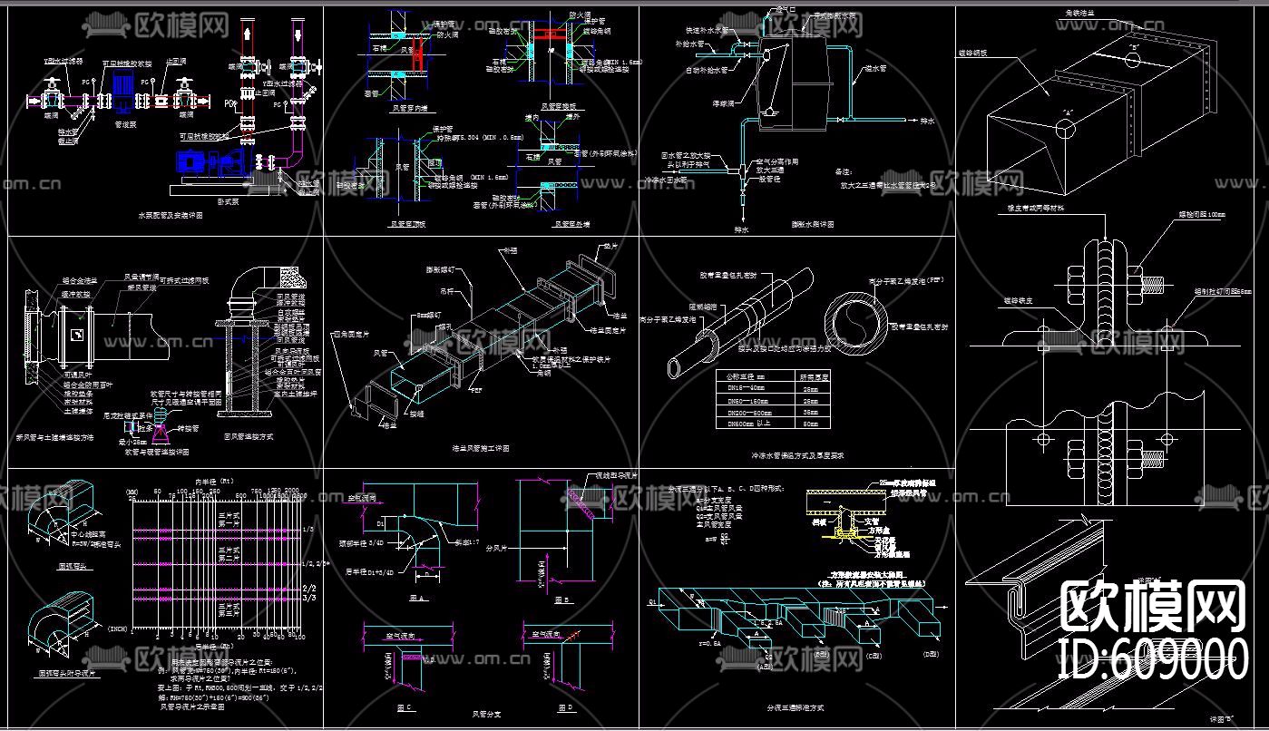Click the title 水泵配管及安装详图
[x=170, y=217]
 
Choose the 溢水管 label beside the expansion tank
[x=874, y=68]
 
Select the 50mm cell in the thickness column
[x=810, y=424]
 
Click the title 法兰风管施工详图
[x=481, y=447]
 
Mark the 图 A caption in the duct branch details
[x=417, y=599]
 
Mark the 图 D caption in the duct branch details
[x=566, y=706]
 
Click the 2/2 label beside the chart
[x=308, y=587]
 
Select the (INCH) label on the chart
[x=119, y=628]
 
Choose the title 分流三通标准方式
[x=795, y=707]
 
